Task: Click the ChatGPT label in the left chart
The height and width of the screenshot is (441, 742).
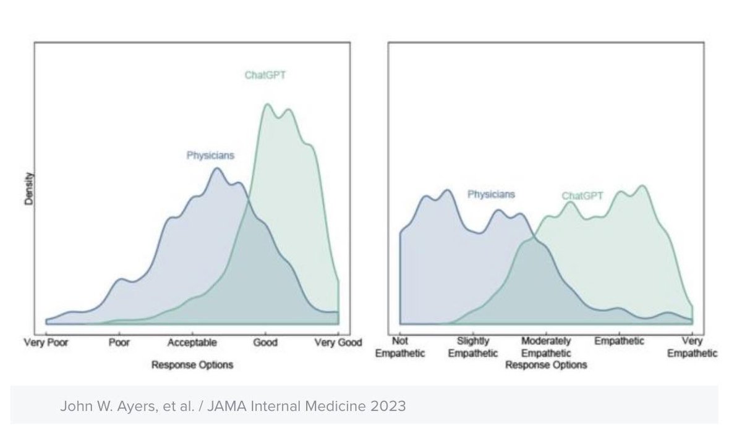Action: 265,76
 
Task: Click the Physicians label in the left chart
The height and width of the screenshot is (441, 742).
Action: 210,156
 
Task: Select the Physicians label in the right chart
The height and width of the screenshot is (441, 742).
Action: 490,195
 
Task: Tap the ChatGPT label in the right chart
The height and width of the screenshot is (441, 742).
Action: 582,196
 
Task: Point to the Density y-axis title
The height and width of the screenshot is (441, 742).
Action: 28,189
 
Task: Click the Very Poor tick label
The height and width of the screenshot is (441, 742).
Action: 46,342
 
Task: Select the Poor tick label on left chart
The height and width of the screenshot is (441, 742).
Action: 119,342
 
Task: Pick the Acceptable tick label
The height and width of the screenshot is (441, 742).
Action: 192,342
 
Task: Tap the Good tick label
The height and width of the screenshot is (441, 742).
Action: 265,342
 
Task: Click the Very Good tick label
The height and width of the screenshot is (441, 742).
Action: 338,342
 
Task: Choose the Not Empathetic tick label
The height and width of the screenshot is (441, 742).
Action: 400,347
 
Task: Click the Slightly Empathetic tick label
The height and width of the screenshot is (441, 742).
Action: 473,347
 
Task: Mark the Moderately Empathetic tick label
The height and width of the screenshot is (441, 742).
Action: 546,347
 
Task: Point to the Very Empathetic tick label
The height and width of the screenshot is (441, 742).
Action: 692,347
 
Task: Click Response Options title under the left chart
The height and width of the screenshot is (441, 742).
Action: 192,365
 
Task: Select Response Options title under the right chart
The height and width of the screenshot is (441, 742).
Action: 546,365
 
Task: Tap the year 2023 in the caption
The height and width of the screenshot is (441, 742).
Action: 392,406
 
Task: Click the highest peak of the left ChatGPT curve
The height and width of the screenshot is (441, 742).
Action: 267,104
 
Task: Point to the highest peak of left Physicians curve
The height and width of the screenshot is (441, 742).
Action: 216,168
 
